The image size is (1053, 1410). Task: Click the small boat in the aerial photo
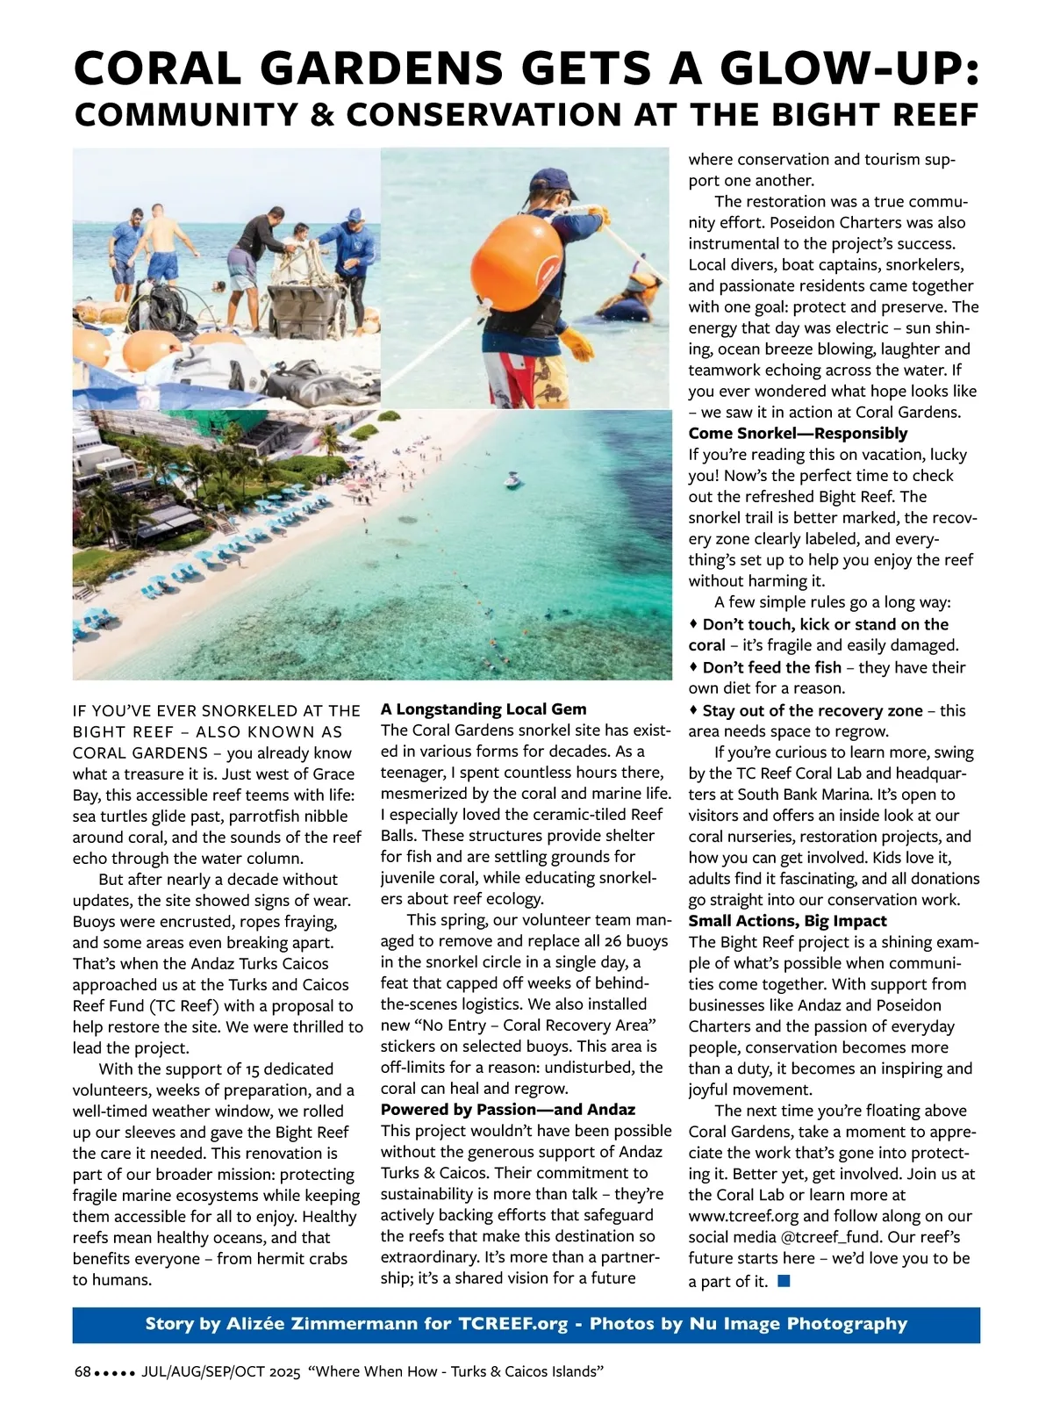(x=512, y=480)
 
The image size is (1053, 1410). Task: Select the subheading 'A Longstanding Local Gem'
(x=484, y=709)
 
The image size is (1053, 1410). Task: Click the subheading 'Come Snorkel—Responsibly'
(x=798, y=433)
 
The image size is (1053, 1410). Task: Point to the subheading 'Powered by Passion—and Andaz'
(x=508, y=1110)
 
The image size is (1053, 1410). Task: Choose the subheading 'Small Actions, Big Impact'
(x=787, y=921)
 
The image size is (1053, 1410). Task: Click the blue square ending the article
(x=784, y=1281)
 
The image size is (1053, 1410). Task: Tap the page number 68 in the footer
(x=82, y=1371)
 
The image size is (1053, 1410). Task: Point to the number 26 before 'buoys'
(x=613, y=941)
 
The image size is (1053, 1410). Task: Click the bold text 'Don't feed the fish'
(x=771, y=667)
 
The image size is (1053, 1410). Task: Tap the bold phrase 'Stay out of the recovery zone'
(x=813, y=710)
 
